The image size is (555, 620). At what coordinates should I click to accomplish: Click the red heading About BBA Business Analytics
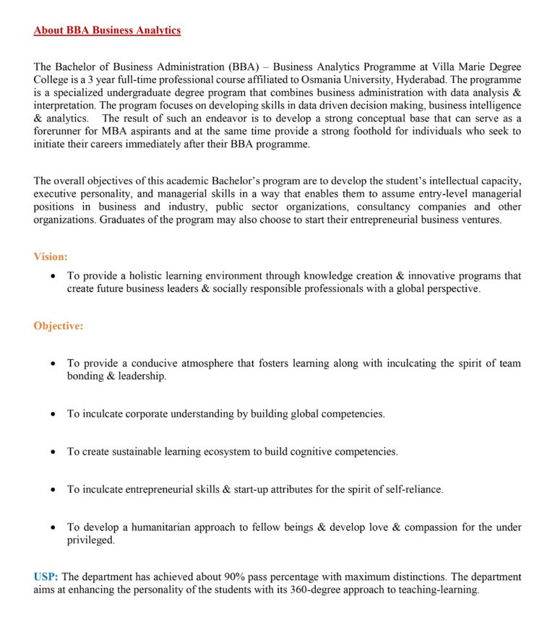point(107,30)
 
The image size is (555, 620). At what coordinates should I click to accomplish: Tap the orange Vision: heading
point(51,257)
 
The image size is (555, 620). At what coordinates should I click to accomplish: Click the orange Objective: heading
point(59,326)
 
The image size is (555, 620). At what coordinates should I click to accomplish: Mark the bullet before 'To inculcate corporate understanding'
point(53,414)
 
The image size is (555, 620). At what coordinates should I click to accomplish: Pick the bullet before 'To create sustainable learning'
point(53,452)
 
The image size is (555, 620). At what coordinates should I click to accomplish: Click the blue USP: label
point(46,577)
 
